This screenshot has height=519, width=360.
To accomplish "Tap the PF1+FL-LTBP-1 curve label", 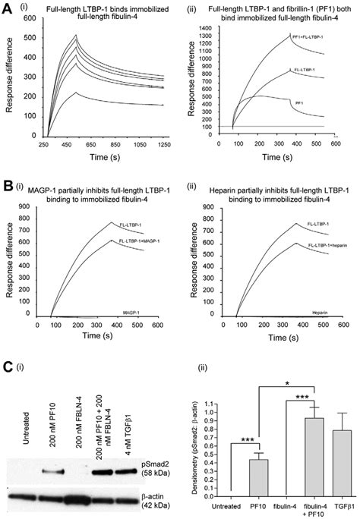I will (x=308, y=37).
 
